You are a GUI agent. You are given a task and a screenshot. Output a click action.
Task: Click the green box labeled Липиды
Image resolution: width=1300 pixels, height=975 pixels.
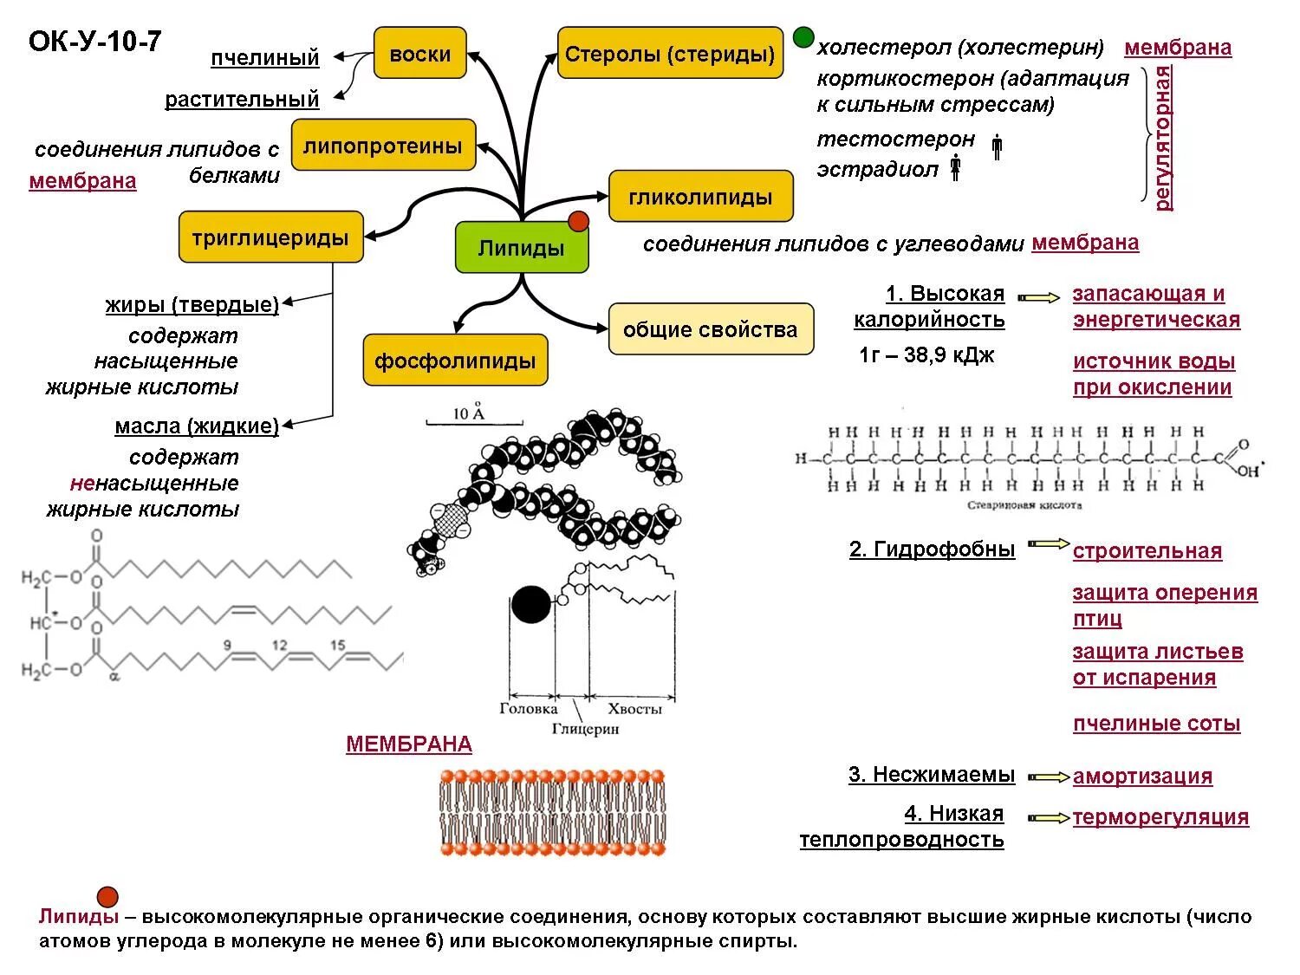click(x=521, y=248)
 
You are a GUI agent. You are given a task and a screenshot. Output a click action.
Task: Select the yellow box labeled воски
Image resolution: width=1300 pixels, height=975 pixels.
click(x=420, y=53)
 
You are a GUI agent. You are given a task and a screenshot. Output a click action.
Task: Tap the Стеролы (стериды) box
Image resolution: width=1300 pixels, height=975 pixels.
click(x=670, y=53)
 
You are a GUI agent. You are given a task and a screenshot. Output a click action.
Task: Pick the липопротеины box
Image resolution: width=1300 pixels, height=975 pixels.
click(x=383, y=145)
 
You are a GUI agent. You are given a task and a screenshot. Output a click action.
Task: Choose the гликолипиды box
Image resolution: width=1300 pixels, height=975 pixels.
click(x=700, y=196)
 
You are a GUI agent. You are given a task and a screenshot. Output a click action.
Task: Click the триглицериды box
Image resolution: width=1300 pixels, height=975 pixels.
click(x=270, y=237)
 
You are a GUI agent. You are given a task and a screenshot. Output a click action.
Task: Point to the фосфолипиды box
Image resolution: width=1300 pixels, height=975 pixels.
click(x=455, y=360)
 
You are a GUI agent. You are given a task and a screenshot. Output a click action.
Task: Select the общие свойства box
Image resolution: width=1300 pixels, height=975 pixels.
click(x=711, y=329)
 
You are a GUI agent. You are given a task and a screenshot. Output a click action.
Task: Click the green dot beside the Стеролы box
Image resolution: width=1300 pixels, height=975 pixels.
click(x=803, y=36)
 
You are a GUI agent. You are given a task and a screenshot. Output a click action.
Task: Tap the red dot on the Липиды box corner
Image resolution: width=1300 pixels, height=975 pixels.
click(x=579, y=221)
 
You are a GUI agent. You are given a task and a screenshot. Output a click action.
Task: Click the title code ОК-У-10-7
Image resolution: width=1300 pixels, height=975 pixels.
click(x=94, y=42)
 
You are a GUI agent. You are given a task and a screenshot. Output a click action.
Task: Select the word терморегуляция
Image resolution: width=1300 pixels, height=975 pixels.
click(x=1160, y=817)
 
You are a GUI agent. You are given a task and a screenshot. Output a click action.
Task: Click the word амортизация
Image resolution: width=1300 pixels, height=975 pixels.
click(x=1142, y=776)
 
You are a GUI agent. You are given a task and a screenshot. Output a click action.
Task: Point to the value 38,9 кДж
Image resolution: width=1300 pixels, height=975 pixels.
click(x=949, y=355)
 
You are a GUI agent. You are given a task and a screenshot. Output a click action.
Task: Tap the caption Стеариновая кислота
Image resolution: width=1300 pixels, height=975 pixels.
click(x=1024, y=505)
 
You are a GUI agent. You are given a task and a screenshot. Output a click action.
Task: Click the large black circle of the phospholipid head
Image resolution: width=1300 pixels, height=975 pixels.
click(x=530, y=604)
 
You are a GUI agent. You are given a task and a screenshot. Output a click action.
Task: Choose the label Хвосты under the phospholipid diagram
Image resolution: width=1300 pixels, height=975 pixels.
click(x=634, y=709)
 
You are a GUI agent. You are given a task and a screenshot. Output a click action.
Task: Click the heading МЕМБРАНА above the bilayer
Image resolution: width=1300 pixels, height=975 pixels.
click(x=409, y=744)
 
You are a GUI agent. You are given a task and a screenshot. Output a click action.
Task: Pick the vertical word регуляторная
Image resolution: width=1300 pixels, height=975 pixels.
click(x=1163, y=138)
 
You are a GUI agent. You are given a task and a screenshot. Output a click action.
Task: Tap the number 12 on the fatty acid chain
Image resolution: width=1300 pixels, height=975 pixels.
click(x=280, y=646)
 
